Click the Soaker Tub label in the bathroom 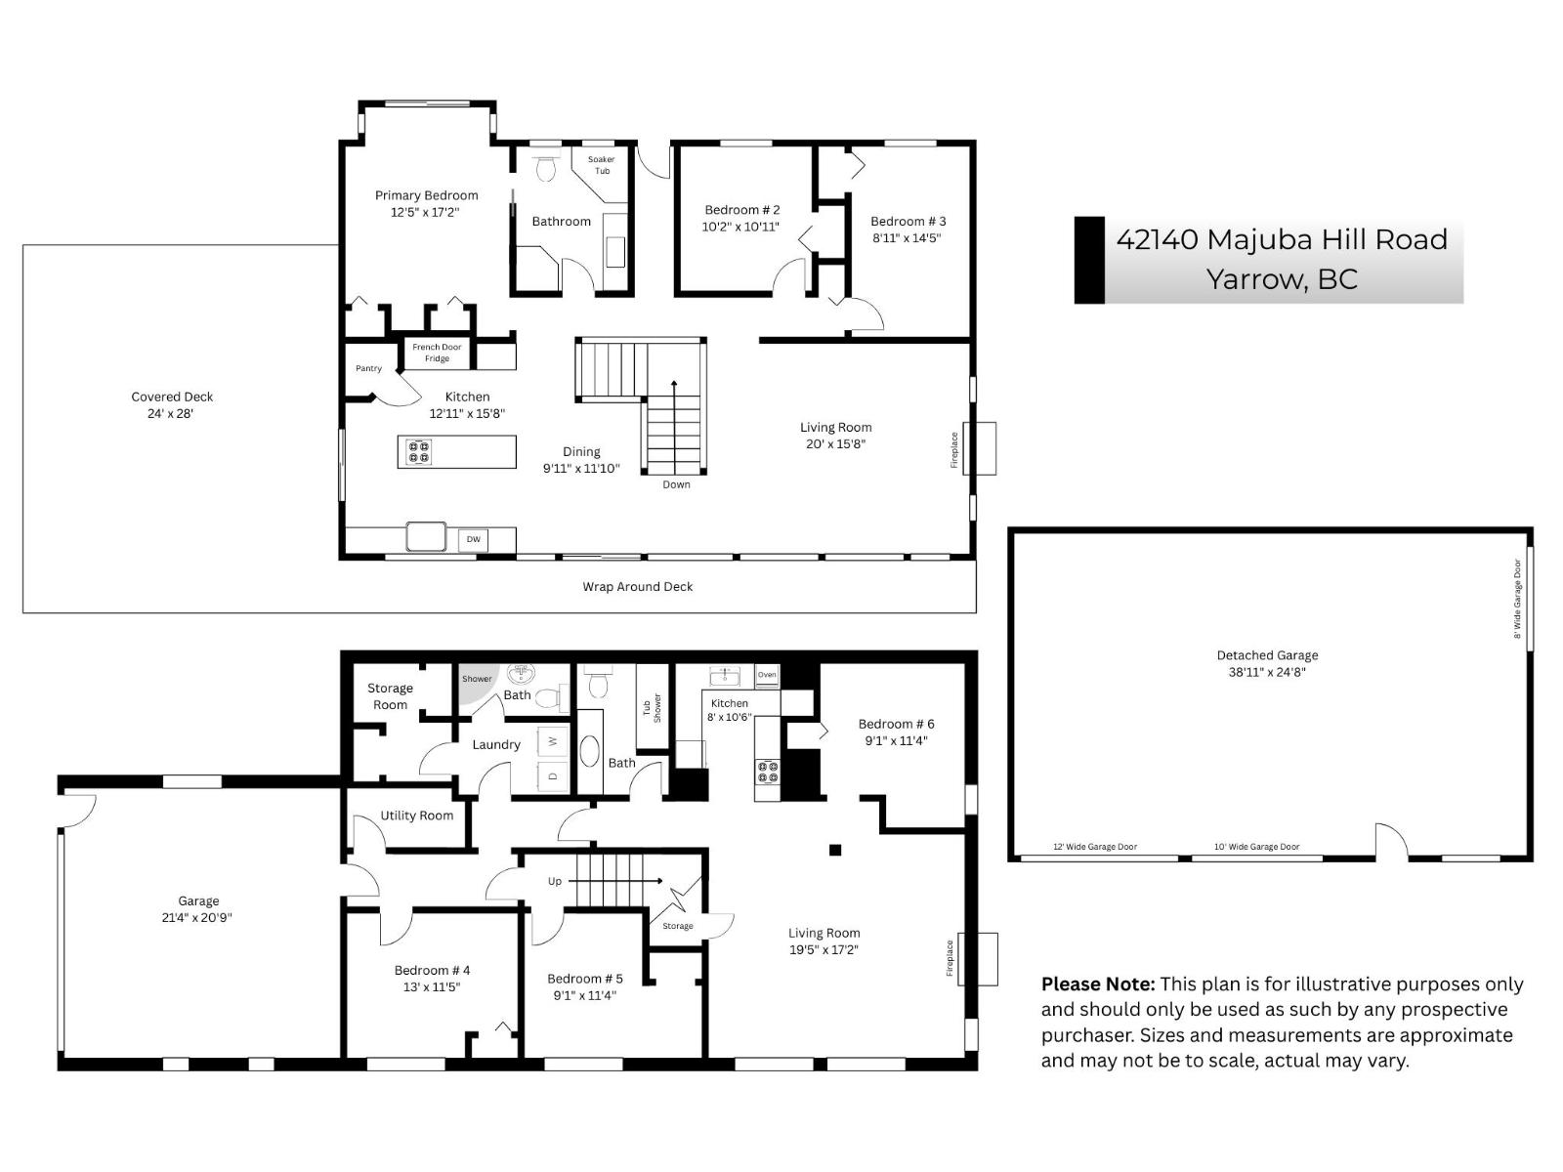pyautogui.click(x=602, y=165)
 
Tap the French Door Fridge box pyautogui.click(x=437, y=353)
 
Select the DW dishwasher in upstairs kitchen pyautogui.click(x=473, y=539)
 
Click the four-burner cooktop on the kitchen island pyautogui.click(x=419, y=452)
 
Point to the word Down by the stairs pyautogui.click(x=676, y=484)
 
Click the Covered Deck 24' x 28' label pyautogui.click(x=172, y=404)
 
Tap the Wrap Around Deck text pyautogui.click(x=637, y=587)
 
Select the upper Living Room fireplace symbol pyautogui.click(x=979, y=448)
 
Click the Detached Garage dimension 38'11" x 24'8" pyautogui.click(x=1267, y=672)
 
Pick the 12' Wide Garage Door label pyautogui.click(x=1094, y=847)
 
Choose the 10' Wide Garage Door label pyautogui.click(x=1256, y=847)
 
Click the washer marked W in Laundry pyautogui.click(x=553, y=741)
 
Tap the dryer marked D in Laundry pyautogui.click(x=553, y=776)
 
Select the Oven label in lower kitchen pyautogui.click(x=767, y=675)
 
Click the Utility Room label pyautogui.click(x=416, y=816)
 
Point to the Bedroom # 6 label pyautogui.click(x=896, y=724)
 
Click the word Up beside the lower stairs pyautogui.click(x=555, y=881)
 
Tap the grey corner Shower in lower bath pyautogui.click(x=477, y=680)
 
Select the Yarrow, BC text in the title pyautogui.click(x=1282, y=279)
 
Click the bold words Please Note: pyautogui.click(x=1097, y=984)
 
